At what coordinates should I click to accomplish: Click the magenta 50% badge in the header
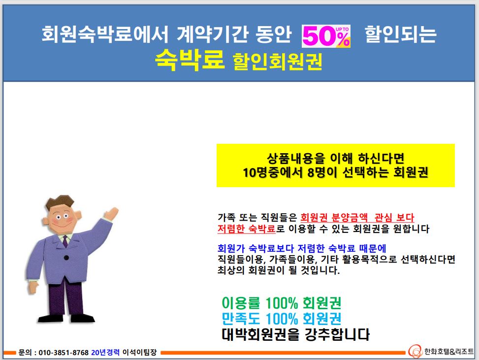[326, 36]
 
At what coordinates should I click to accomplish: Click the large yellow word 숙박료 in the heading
[190, 60]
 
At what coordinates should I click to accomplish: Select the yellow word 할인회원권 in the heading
[277, 61]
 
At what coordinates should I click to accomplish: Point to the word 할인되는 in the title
[401, 34]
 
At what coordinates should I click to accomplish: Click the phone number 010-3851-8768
[64, 353]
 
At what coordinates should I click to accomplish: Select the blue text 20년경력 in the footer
[105, 353]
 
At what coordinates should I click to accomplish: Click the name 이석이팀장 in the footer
[140, 353]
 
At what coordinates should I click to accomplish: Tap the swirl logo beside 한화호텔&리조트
[415, 352]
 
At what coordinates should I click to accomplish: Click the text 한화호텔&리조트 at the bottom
[449, 352]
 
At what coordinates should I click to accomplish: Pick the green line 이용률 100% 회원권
[282, 303]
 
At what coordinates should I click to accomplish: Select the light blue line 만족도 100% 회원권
[282, 319]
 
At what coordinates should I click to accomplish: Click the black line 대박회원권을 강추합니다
[295, 334]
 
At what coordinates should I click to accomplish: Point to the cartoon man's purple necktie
[65, 241]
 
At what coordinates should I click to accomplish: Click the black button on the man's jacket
[66, 258]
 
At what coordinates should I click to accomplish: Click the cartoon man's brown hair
[60, 202]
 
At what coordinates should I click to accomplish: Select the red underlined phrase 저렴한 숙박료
[247, 229]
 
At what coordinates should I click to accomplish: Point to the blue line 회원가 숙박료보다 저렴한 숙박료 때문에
[302, 248]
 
